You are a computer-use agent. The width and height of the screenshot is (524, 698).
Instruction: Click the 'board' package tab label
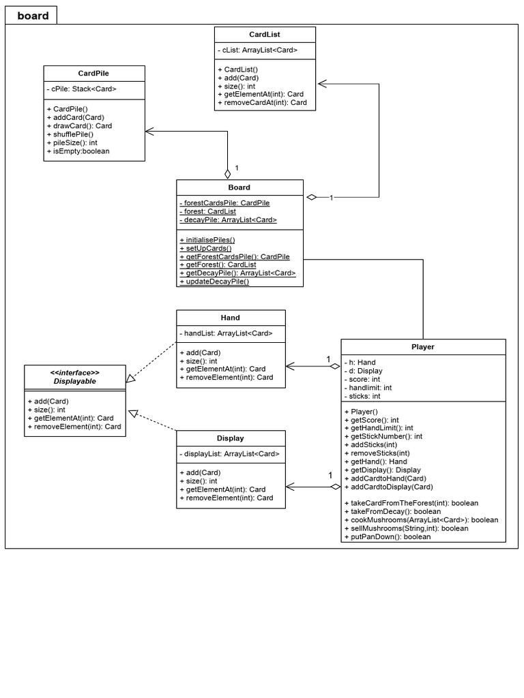point(32,16)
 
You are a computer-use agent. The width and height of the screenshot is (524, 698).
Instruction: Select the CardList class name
point(265,34)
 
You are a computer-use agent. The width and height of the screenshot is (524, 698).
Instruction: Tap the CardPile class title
point(94,73)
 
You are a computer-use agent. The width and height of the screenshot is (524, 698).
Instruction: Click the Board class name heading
point(239,187)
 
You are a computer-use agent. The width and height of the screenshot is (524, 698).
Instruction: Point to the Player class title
point(423,346)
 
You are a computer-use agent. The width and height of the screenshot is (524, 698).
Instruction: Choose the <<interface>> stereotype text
point(75,373)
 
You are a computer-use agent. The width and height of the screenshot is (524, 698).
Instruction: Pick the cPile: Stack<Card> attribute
point(83,89)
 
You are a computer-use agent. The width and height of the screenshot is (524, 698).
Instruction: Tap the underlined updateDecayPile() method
point(215,281)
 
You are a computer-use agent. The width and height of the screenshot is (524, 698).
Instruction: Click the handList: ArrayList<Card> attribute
point(227,333)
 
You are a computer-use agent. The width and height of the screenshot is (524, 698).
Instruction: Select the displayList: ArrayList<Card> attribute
point(229,453)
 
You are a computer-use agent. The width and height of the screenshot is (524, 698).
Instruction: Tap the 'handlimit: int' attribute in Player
point(373,387)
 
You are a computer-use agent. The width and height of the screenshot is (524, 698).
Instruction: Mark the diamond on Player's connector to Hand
point(334,367)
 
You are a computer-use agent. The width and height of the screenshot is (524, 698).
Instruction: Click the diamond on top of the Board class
point(228,173)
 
